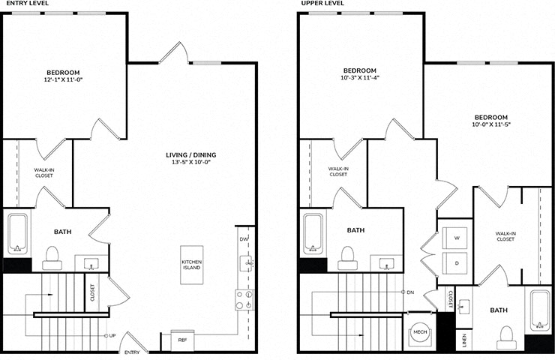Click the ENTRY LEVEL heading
(x=27, y=3)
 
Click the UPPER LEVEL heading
(x=322, y=3)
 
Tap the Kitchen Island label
(x=191, y=265)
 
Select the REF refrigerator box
(x=182, y=340)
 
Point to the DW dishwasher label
(x=244, y=239)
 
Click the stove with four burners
(x=244, y=300)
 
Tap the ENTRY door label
(x=132, y=352)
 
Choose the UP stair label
(x=112, y=335)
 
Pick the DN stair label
(x=410, y=292)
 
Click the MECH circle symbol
(x=420, y=332)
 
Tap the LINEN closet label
(x=464, y=340)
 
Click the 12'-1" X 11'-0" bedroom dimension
(x=63, y=79)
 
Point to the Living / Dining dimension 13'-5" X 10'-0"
(x=191, y=162)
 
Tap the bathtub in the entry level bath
(x=18, y=234)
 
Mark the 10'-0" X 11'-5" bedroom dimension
(x=491, y=124)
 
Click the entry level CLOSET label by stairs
(x=92, y=292)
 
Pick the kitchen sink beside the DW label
(x=246, y=263)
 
